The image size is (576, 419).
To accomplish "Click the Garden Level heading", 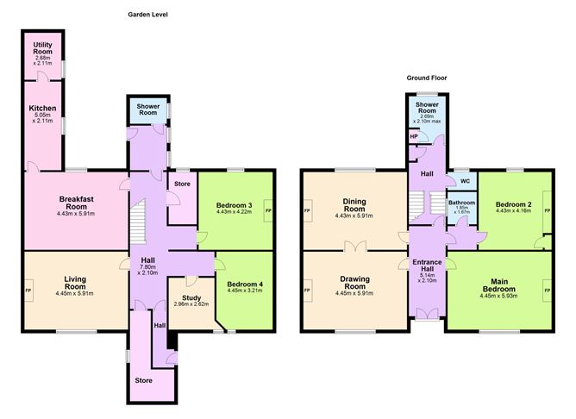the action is click(147, 15).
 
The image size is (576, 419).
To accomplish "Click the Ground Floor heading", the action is click(427, 78).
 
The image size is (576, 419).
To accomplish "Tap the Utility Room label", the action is click(42, 48).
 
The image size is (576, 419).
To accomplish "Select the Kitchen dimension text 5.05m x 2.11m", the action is click(42, 118).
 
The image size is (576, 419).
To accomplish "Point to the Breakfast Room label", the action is click(76, 203).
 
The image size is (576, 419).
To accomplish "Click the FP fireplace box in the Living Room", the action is click(28, 291).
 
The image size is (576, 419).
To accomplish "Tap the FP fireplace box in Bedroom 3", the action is click(268, 210).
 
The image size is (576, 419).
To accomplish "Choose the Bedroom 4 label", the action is click(245, 285).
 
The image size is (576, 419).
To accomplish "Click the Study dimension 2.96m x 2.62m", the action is click(191, 304).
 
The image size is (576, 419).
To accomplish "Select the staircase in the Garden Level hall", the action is click(138, 221).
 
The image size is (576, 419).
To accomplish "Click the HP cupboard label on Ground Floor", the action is click(414, 136).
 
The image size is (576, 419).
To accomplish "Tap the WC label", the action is click(465, 181).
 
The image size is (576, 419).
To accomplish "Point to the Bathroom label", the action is click(461, 203).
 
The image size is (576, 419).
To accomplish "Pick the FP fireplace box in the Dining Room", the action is click(308, 210).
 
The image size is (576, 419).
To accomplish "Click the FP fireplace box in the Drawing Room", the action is click(308, 291).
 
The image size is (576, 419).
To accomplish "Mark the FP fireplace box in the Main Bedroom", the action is click(548, 291).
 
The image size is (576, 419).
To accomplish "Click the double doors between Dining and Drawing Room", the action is click(355, 247).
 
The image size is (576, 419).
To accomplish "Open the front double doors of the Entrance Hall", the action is click(427, 314).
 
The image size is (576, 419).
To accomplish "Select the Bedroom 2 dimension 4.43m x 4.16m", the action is click(513, 210).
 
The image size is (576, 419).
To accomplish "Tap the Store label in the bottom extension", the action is click(143, 380).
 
